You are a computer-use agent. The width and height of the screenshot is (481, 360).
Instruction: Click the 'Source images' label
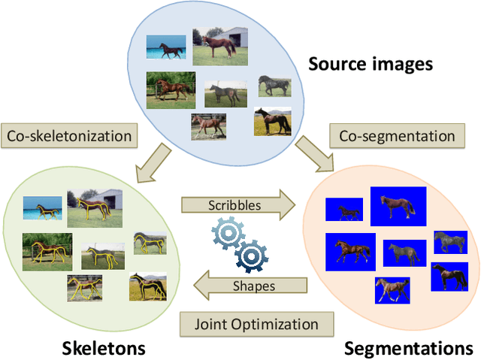(371, 64)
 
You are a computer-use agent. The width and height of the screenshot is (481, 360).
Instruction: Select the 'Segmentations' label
(407, 348)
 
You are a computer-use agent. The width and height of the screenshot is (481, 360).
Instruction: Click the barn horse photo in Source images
(219, 45)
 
